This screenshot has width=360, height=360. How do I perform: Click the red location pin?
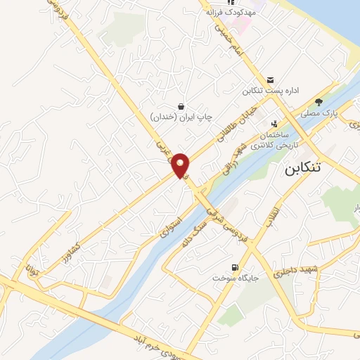click(181, 165)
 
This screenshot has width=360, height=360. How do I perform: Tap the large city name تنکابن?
click(310, 169)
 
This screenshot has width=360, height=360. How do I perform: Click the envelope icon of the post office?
click(271, 79)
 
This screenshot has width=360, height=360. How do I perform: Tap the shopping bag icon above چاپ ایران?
click(181, 105)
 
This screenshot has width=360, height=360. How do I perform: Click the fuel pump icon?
click(235, 266)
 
